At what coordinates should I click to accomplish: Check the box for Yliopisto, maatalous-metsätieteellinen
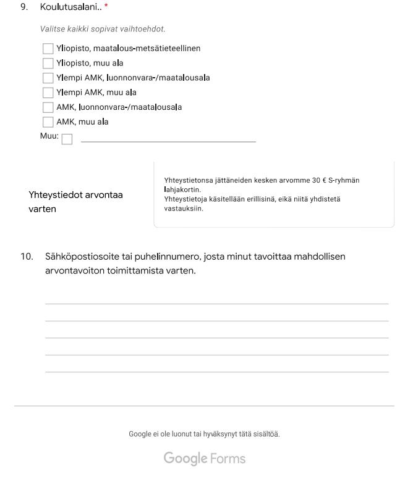[48, 48]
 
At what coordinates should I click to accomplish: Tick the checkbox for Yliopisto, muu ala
[48, 63]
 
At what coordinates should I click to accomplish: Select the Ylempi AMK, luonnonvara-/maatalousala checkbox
[48, 78]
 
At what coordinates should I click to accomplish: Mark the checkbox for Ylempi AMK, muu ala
[48, 93]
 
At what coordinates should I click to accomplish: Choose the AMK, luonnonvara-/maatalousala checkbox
[48, 107]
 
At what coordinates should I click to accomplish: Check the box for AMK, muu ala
[48, 122]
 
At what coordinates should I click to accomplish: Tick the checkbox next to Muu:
[67, 139]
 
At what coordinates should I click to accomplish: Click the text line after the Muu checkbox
[168, 141]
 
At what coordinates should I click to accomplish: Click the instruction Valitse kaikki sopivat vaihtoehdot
[103, 29]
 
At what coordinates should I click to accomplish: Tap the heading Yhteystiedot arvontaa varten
[75, 202]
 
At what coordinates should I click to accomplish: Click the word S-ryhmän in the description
[344, 180]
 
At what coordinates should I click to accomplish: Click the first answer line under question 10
[216, 303]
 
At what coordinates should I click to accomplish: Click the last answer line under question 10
[216, 371]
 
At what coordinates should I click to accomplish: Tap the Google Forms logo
[204, 459]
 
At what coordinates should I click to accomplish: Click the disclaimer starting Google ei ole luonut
[204, 434]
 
